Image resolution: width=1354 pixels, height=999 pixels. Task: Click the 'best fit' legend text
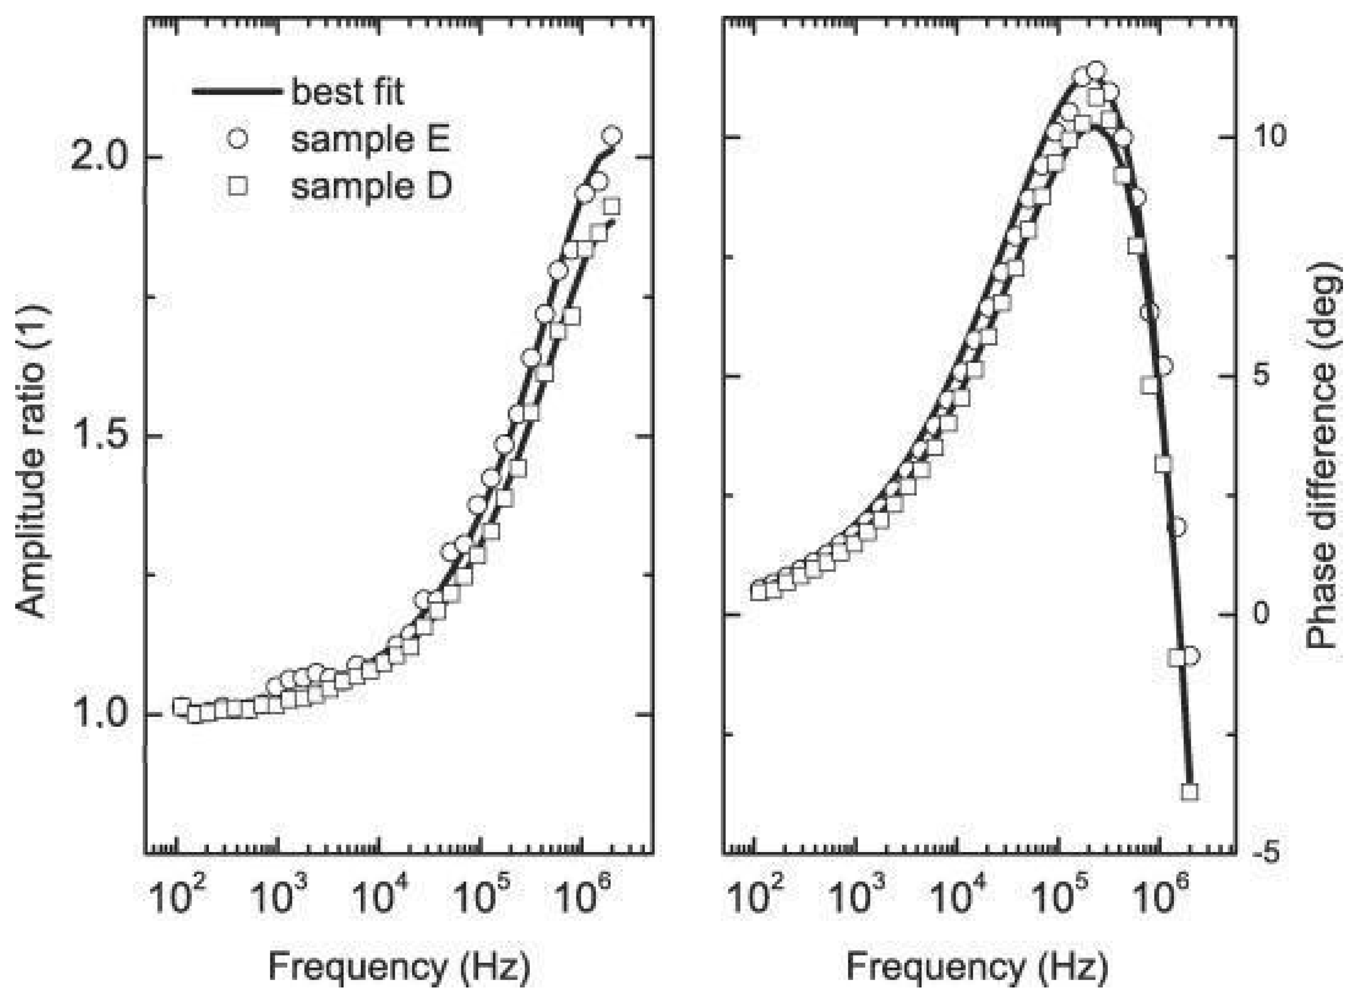[x=347, y=92]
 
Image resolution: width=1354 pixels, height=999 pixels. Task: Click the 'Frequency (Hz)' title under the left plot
[x=400, y=966]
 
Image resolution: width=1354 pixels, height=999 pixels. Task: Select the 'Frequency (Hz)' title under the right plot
[x=977, y=966]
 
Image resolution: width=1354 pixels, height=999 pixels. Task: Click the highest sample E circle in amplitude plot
[x=612, y=135]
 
